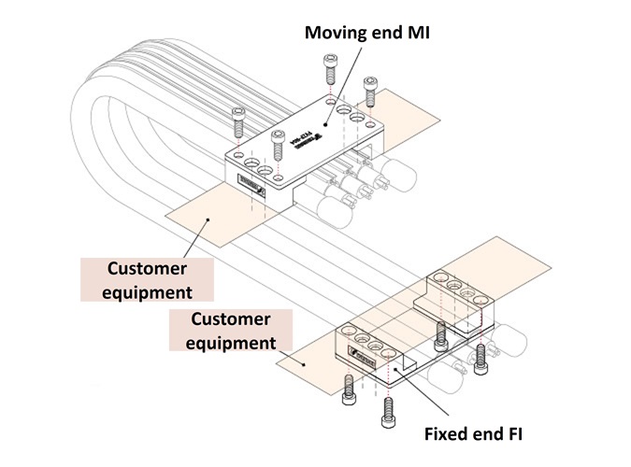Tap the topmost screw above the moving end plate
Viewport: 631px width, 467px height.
coord(330,69)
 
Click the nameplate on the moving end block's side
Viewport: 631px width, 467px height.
coord(252,188)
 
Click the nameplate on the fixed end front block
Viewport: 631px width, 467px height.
coord(359,355)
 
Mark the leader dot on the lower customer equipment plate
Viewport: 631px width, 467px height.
coord(298,359)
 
